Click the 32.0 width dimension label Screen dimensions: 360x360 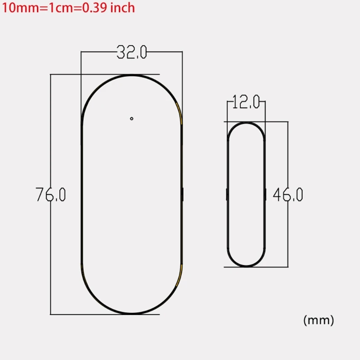pyautogui.click(x=131, y=53)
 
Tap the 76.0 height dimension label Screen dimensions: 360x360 pyautogui.click(x=51, y=194)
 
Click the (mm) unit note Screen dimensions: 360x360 pyautogui.click(x=319, y=320)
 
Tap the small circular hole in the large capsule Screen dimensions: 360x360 pyautogui.click(x=131, y=118)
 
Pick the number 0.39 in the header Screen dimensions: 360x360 pyautogui.click(x=92, y=8)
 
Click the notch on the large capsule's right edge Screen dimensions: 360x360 pyautogui.click(x=182, y=194)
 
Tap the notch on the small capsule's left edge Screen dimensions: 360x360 pyautogui.click(x=226, y=194)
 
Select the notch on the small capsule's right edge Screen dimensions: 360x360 pyautogui.click(x=265, y=194)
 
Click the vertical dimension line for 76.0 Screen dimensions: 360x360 pyautogui.click(x=51, y=135)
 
